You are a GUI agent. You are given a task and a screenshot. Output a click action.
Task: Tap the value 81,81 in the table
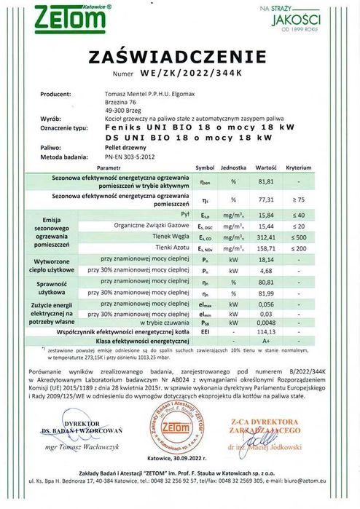265,181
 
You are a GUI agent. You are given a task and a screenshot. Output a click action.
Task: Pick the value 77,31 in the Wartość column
265,199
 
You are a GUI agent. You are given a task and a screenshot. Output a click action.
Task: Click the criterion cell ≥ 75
300,199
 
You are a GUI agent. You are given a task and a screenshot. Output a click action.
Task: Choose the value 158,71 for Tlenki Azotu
265,249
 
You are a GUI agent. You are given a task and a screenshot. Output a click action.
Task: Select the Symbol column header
205,167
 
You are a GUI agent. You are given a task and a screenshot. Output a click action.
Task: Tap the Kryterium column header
299,167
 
